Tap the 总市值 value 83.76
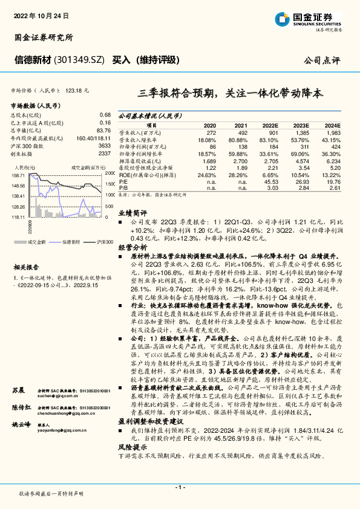104,130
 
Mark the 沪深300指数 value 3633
104,146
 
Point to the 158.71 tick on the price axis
18,174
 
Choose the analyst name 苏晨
20,357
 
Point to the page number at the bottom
180,487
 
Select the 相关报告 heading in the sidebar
26,266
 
